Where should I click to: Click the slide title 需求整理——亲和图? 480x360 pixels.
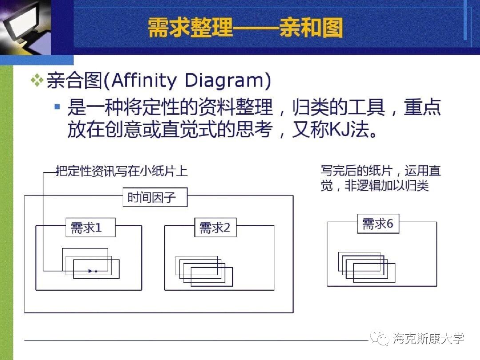coord(245,28)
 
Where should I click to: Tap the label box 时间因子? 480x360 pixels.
coord(155,197)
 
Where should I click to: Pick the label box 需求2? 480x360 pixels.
coord(215,228)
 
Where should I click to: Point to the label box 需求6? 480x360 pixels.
coord(378,224)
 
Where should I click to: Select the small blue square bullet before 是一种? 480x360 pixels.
coord(57,107)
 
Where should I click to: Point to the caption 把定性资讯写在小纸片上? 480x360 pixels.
coord(121,171)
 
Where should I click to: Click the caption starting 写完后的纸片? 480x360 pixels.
coord(380,178)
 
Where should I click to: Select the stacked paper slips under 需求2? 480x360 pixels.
coord(204,270)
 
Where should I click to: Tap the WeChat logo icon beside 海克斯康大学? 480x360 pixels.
coord(380,339)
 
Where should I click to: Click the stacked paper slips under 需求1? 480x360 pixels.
coord(91,263)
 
